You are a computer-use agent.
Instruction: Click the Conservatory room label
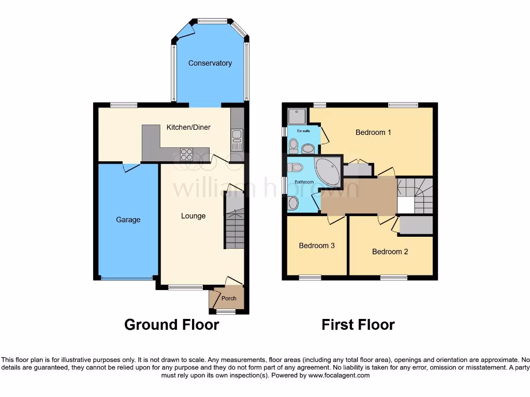[210, 63]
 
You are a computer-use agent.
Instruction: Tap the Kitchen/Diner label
[188, 127]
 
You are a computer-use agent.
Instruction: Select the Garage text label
[128, 220]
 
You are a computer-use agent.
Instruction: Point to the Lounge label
[193, 216]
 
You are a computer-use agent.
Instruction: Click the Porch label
[229, 298]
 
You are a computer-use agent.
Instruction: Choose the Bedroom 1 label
[373, 132]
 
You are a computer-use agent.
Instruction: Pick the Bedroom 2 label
[390, 252]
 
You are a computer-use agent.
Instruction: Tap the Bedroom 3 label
[317, 246]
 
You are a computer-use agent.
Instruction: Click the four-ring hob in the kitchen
[186, 154]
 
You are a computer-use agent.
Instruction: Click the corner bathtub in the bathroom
[327, 172]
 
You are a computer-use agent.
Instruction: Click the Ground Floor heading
[171, 325]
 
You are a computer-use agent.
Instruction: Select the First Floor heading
[358, 325]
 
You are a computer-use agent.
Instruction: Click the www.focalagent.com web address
[340, 376]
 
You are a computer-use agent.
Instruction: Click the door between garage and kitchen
[131, 166]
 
